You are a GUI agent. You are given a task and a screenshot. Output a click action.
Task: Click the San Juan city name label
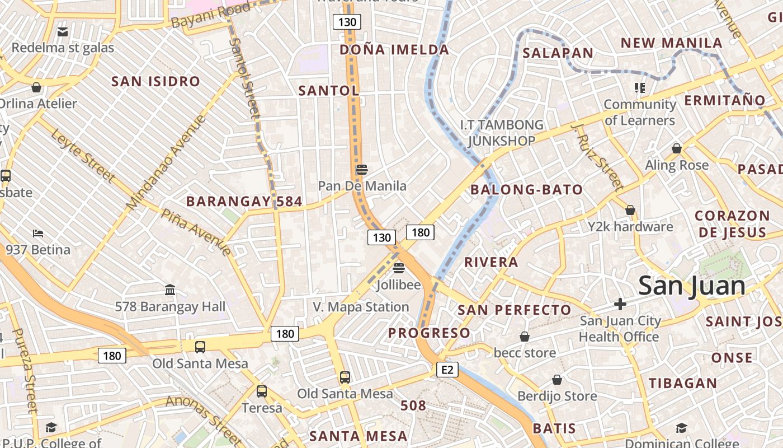click(692, 286)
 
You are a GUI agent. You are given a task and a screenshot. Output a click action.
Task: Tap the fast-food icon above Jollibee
click(398, 268)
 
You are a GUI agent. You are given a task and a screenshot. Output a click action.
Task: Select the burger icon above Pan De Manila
click(361, 169)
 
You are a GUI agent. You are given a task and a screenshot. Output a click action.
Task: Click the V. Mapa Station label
click(361, 307)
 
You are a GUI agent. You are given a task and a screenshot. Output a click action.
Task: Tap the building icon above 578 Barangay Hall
click(170, 290)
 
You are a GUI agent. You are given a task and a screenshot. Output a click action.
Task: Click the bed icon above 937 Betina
click(37, 233)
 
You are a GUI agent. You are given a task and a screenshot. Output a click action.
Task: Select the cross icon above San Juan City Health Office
click(620, 304)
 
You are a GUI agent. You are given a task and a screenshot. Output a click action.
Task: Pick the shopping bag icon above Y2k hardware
click(630, 210)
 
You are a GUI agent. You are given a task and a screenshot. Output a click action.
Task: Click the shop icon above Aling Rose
click(677, 148)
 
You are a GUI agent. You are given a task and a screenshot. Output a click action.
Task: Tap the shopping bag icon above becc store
click(525, 336)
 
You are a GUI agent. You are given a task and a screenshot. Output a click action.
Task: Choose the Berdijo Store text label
click(557, 396)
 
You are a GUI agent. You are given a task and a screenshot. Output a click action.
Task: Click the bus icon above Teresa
click(261, 391)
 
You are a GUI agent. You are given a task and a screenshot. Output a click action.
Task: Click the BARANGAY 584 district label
click(244, 202)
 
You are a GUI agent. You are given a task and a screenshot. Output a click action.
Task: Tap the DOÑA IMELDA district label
click(394, 50)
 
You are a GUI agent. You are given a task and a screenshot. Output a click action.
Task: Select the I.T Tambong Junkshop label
click(501, 133)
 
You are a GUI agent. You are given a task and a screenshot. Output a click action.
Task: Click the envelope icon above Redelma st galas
click(63, 32)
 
